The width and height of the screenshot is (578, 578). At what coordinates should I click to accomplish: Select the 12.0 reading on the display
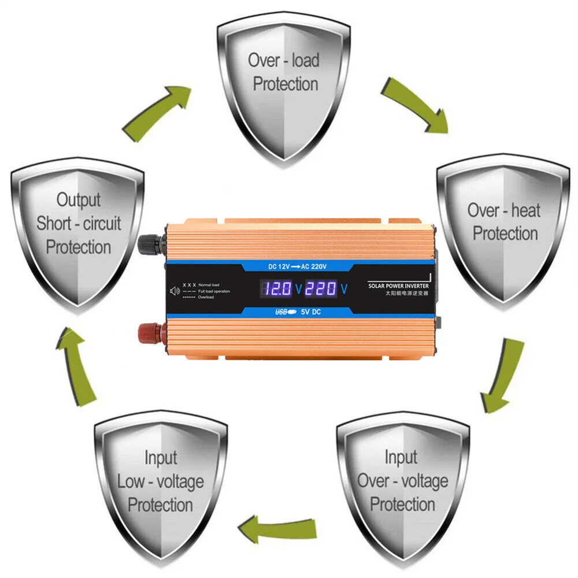[276, 287]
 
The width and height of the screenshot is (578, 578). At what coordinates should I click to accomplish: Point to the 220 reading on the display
[320, 287]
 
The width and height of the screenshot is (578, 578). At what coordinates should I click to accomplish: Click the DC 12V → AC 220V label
[298, 266]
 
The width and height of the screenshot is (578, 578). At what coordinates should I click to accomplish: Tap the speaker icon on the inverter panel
[172, 291]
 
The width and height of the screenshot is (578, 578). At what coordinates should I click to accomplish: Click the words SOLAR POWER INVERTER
[399, 286]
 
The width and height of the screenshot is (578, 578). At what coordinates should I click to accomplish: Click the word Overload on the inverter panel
[207, 297]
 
